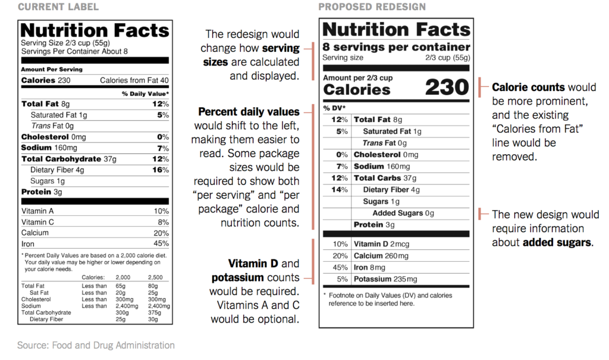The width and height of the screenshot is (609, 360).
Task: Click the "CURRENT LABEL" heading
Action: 58,7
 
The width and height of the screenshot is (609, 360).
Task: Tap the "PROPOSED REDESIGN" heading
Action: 372,7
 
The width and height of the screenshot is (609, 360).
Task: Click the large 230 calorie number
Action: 447,87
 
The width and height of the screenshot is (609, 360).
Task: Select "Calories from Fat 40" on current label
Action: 134,80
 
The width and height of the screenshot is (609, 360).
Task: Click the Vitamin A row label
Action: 37,211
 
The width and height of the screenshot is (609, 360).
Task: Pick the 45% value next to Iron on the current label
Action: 161,243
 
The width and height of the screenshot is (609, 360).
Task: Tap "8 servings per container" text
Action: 396,47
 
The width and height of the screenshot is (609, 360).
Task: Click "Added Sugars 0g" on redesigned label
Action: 403,213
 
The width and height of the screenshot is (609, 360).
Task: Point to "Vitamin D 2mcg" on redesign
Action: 382,244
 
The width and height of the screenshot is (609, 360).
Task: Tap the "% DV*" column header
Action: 334,108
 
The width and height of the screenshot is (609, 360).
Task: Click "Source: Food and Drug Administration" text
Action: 96,345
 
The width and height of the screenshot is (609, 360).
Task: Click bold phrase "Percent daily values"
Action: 249,112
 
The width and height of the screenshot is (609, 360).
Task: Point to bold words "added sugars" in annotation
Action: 557,243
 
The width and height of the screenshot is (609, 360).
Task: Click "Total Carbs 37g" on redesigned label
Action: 385,178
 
